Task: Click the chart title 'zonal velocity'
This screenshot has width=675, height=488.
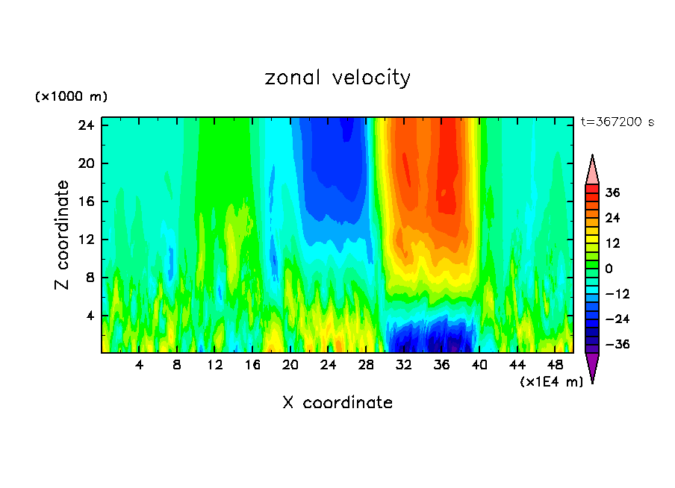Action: coord(337,78)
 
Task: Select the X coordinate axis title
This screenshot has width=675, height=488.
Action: coord(337,403)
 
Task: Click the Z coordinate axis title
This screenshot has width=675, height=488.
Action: coord(63,235)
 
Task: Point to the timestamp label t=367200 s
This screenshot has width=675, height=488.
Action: coord(617,122)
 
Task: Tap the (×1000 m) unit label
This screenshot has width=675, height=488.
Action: coord(71,97)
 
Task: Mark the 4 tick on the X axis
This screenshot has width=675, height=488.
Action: coord(139,366)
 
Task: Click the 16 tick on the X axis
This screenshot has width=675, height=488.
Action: coord(252,366)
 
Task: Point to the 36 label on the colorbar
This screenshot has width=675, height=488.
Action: coord(612,193)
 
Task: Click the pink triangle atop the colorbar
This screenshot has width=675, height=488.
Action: coord(592,171)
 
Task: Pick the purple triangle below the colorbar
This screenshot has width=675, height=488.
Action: coord(592,366)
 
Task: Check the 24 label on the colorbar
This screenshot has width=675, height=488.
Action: coord(612,218)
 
